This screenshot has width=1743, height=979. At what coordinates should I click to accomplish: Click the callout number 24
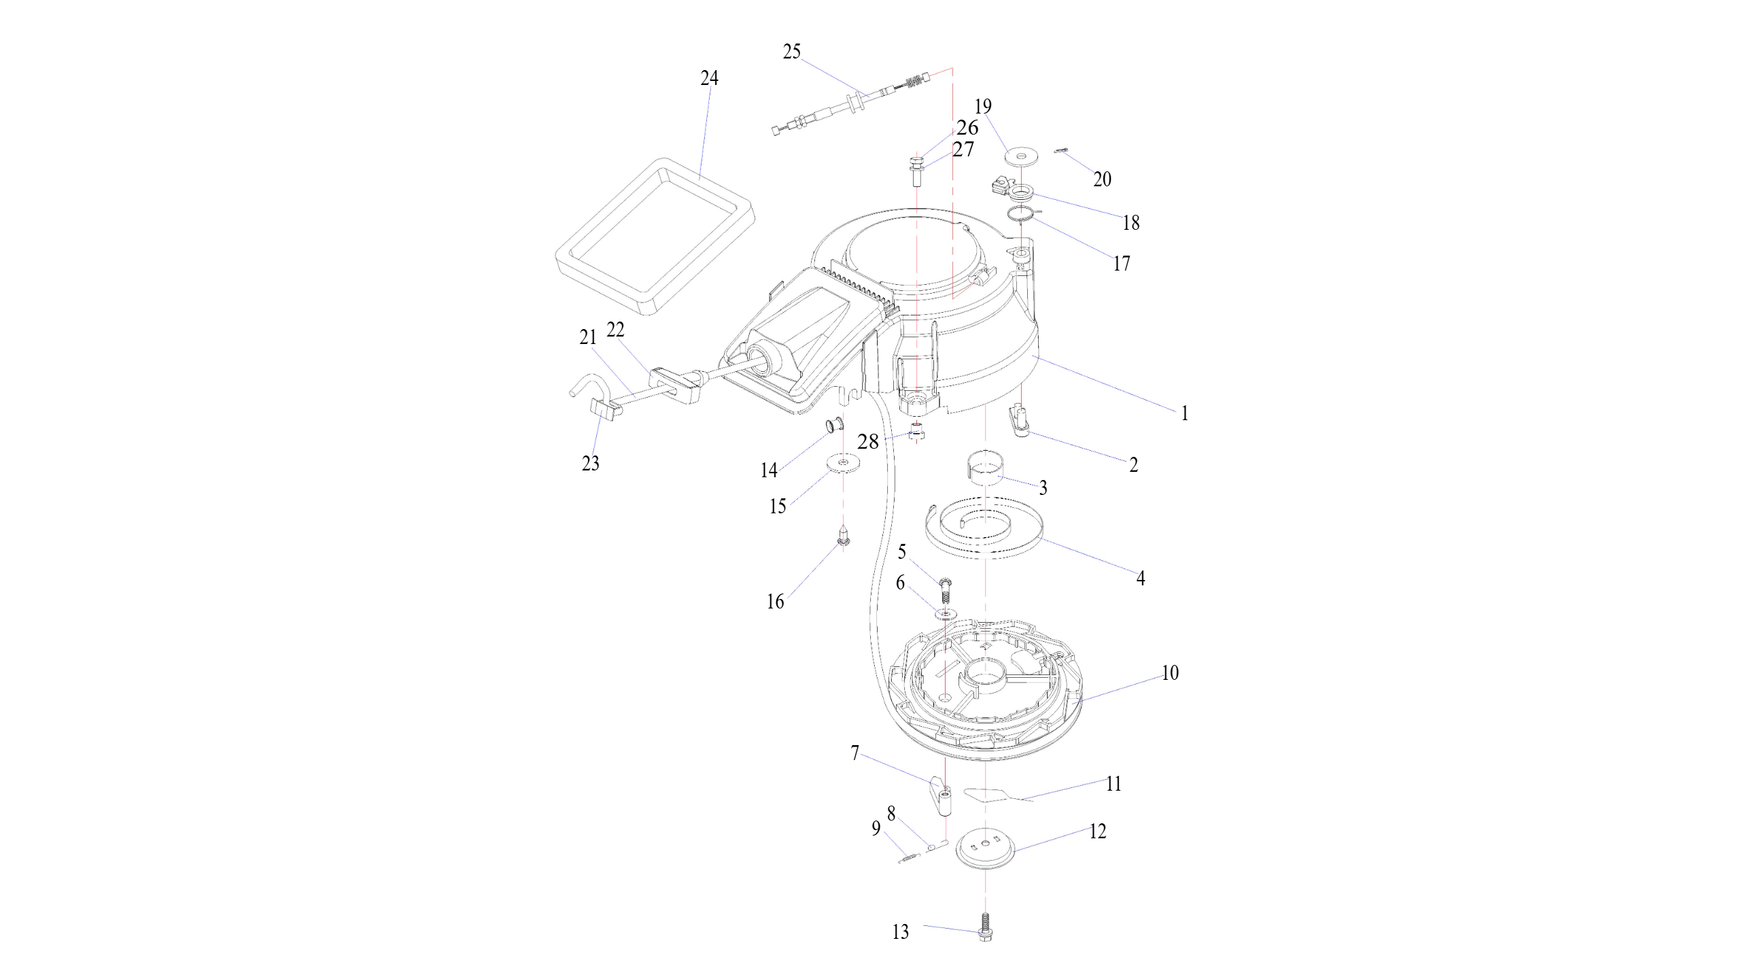click(x=709, y=79)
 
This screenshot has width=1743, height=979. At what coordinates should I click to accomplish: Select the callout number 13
click(x=900, y=932)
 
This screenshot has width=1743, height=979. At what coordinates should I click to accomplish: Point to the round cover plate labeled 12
click(x=985, y=851)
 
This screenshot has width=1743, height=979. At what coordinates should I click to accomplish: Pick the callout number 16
click(x=775, y=602)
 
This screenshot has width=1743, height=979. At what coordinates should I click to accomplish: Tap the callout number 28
click(x=868, y=442)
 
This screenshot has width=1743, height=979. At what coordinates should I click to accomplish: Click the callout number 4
click(x=1140, y=579)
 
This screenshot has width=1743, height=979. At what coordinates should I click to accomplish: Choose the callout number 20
click(x=1102, y=179)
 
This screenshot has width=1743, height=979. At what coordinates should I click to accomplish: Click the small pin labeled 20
click(x=1062, y=152)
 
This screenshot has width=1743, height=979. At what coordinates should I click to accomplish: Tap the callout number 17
click(x=1121, y=263)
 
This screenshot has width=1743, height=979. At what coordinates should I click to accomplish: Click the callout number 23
click(x=590, y=464)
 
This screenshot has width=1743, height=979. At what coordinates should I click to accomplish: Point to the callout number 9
click(x=876, y=829)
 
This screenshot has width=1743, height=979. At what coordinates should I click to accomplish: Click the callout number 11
click(x=1113, y=784)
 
